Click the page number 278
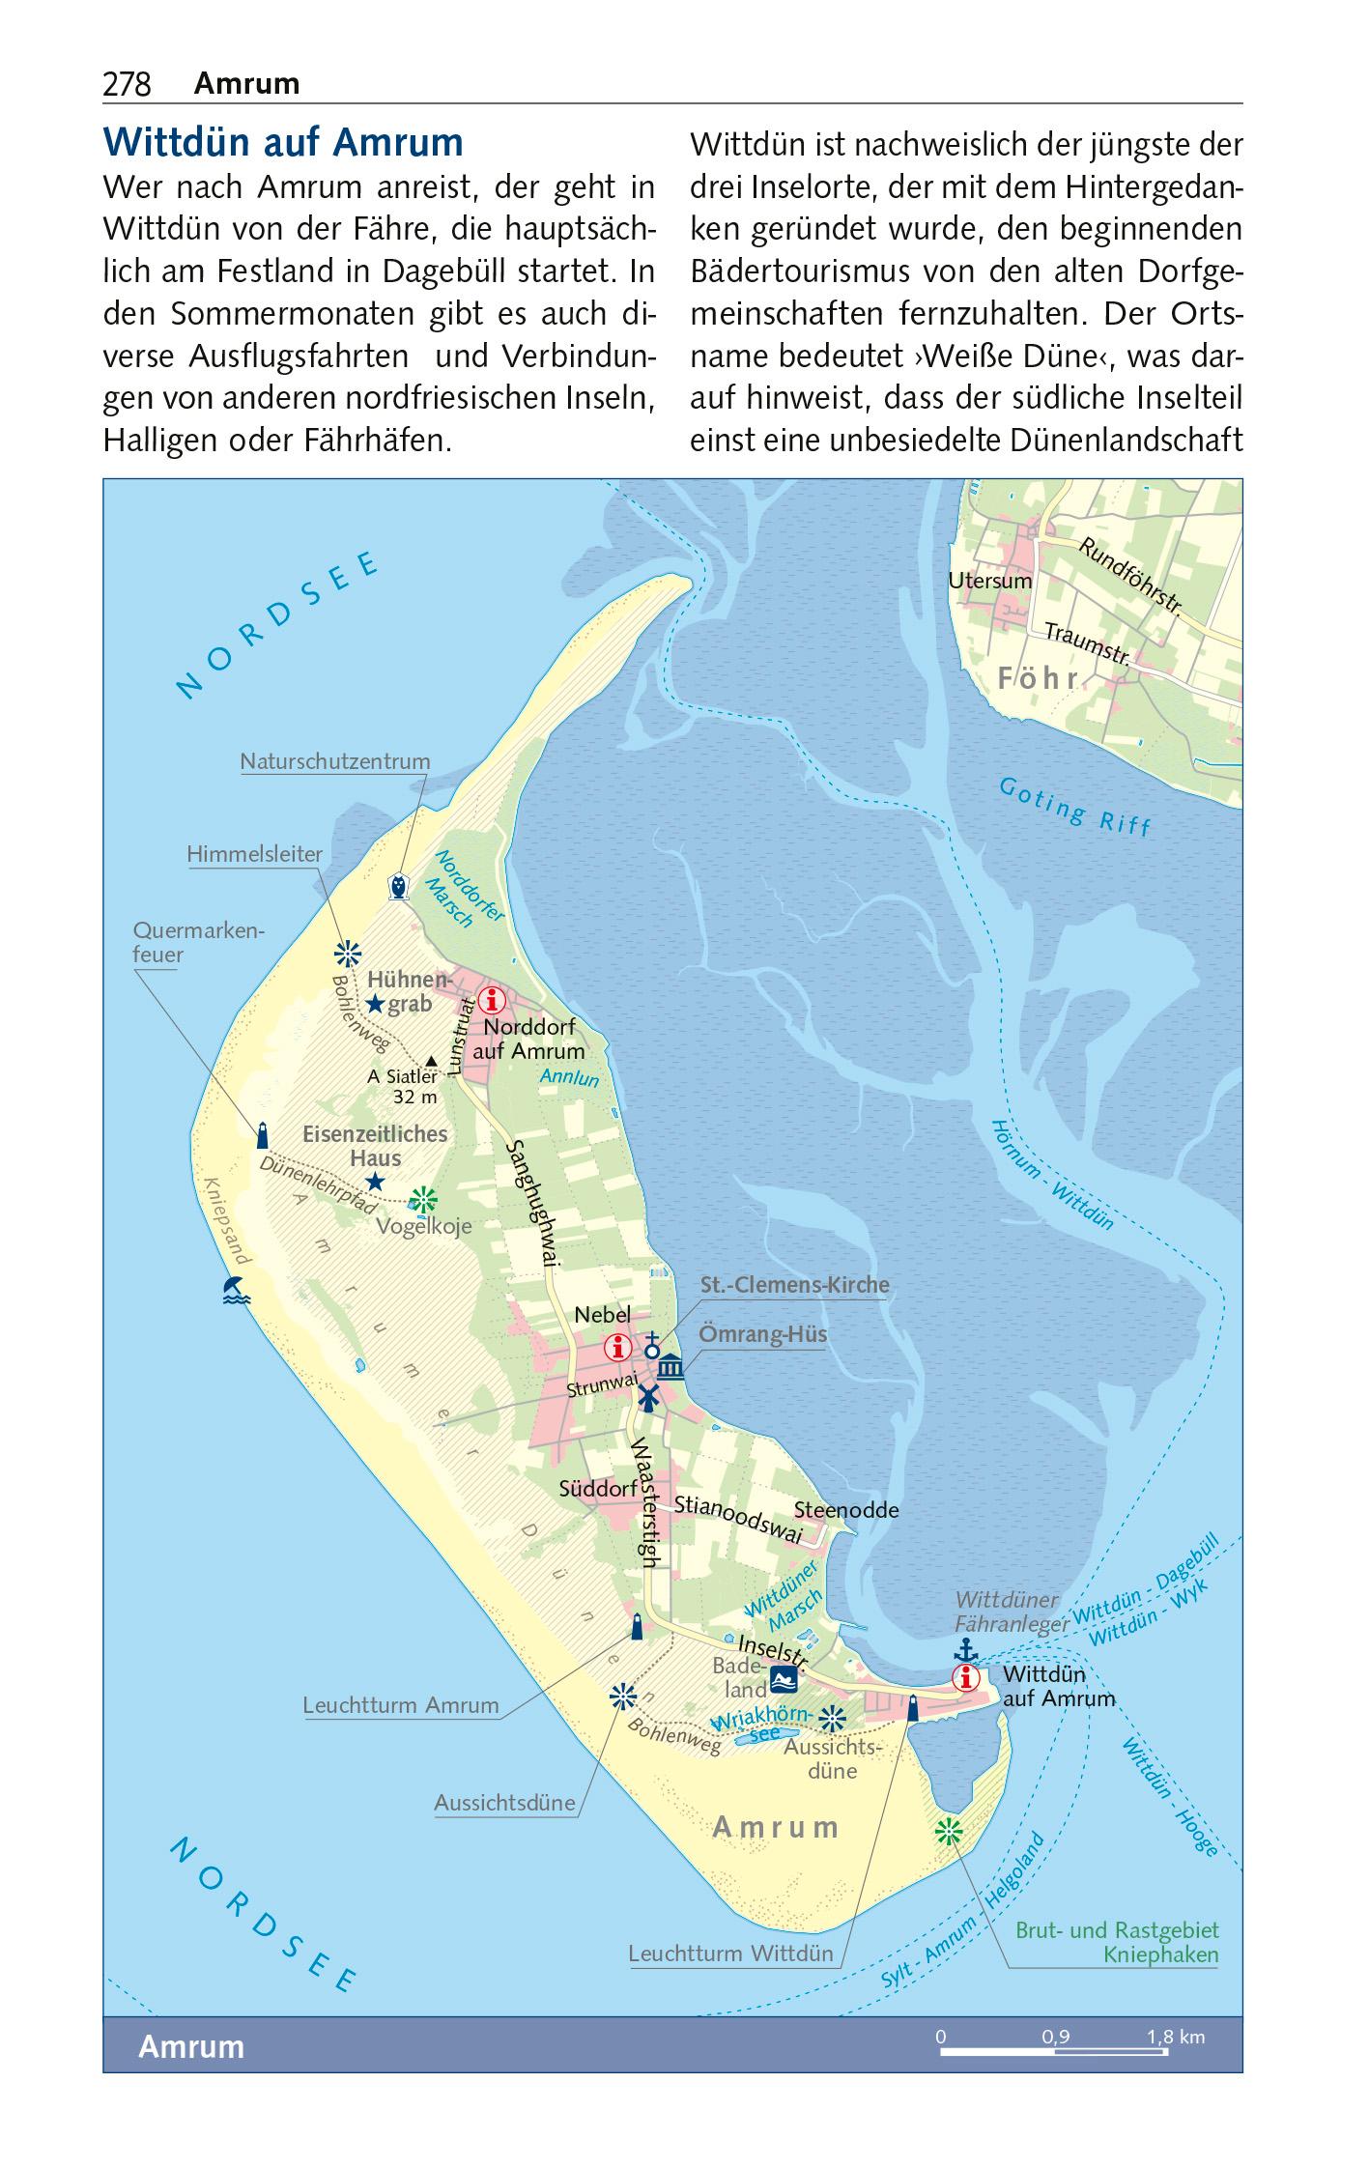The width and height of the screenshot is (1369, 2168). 127,85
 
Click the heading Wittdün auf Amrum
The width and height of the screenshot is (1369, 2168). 282,143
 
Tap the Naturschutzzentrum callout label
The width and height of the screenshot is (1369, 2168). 334,761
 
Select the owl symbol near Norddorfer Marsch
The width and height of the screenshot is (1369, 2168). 397,886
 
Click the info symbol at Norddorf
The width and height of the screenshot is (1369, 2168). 492,999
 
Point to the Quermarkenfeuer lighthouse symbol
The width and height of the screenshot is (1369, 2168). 262,1134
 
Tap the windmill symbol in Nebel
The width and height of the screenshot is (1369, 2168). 647,1396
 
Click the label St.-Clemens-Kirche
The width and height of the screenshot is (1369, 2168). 794,1286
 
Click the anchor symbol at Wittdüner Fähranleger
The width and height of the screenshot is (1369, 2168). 963,1649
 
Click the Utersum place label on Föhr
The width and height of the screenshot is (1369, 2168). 989,581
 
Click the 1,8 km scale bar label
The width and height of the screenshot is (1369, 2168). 1175,2038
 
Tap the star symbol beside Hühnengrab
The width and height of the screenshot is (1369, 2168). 375,1005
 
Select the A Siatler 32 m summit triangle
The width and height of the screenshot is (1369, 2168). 432,1061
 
